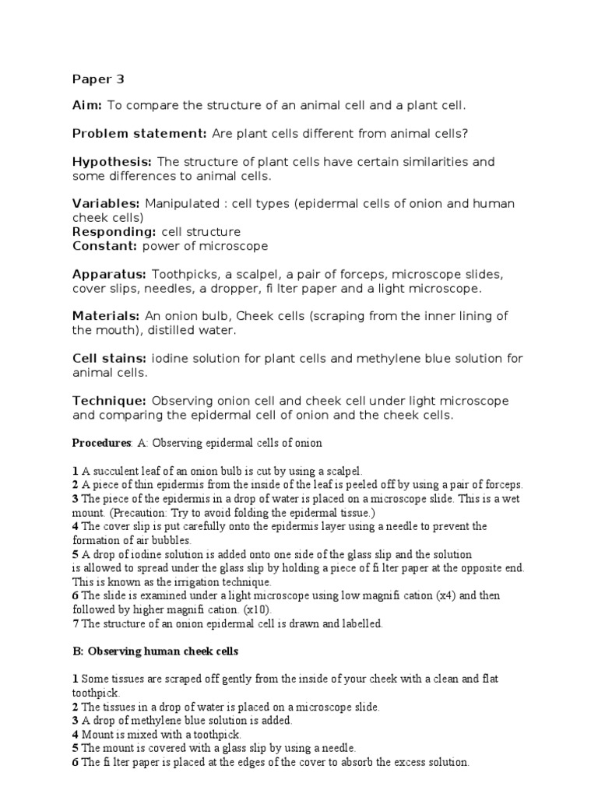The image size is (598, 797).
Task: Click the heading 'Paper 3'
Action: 98,79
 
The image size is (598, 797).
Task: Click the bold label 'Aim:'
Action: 87,104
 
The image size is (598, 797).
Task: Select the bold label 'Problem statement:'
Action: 139,133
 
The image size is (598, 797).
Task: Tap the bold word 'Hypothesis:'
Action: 112,162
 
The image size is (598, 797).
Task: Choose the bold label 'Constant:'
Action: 105,246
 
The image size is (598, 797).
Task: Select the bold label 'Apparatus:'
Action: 110,274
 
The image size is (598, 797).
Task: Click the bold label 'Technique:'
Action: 110,401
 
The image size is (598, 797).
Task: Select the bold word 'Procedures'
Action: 100,443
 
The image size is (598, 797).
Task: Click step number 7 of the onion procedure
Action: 76,623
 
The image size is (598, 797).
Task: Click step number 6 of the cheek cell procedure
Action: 76,762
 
